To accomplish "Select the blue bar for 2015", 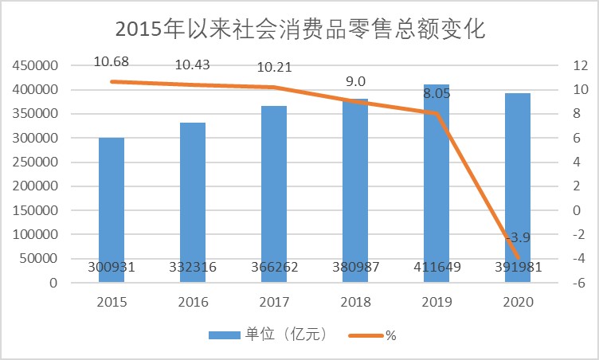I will click(112, 207).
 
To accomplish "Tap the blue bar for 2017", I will click(274, 191).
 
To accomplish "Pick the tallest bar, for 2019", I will click(437, 175).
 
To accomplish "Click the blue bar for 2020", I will click(517, 183).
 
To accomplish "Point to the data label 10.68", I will click(112, 61).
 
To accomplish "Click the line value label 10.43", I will click(193, 65).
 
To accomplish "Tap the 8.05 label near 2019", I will click(437, 93).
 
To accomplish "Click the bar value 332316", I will click(193, 268).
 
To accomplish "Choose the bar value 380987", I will click(355, 268).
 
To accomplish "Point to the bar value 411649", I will click(437, 268).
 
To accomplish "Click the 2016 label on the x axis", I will click(193, 303).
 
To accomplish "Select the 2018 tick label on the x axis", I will click(355, 303).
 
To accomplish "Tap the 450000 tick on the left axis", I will click(35, 65).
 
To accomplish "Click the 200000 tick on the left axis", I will click(35, 186).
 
